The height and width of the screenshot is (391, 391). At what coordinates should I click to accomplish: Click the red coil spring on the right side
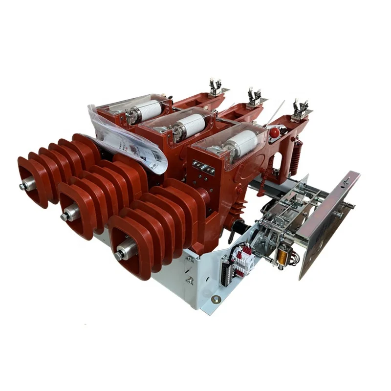coord(295,154)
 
